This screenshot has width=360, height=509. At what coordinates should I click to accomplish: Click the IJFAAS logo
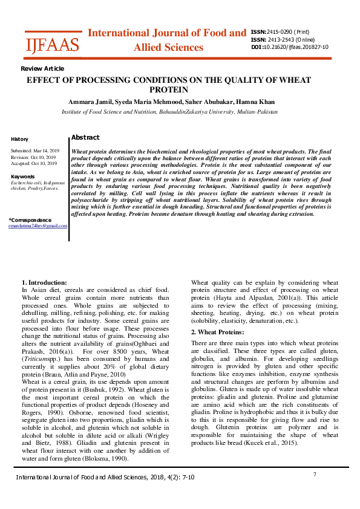click(x=51, y=44)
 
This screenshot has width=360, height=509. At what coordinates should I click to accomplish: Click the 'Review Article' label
click(x=42, y=69)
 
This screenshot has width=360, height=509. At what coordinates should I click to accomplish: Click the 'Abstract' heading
click(x=85, y=138)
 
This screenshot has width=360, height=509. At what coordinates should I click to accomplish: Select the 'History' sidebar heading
click(x=19, y=139)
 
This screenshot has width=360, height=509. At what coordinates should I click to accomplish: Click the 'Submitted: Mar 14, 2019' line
click(x=35, y=150)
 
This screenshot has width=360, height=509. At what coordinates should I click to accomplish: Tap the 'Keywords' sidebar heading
click(x=23, y=177)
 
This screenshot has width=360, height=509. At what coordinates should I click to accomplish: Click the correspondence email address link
click(x=38, y=225)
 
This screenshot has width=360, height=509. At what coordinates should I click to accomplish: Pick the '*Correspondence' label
click(x=30, y=219)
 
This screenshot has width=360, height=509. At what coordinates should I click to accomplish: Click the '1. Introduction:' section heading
click(x=44, y=282)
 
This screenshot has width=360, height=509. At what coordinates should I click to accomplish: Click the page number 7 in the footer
click(x=315, y=475)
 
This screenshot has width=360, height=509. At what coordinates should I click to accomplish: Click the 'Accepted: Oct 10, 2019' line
click(x=34, y=163)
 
